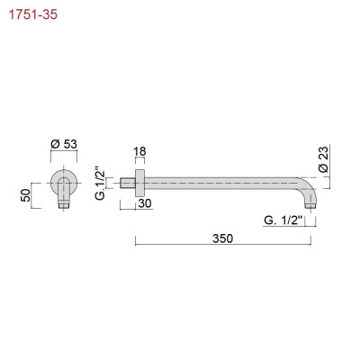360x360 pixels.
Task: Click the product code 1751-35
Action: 33,14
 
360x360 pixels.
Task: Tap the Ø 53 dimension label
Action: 64,144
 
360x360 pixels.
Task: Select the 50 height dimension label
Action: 26,195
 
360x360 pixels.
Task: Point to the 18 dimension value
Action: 139,151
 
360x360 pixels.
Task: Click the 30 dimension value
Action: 145,203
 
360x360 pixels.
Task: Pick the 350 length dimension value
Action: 222,238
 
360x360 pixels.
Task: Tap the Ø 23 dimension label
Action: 324,159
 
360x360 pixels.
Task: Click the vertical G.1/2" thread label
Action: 101,182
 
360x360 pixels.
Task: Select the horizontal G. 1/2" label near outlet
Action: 283,220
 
